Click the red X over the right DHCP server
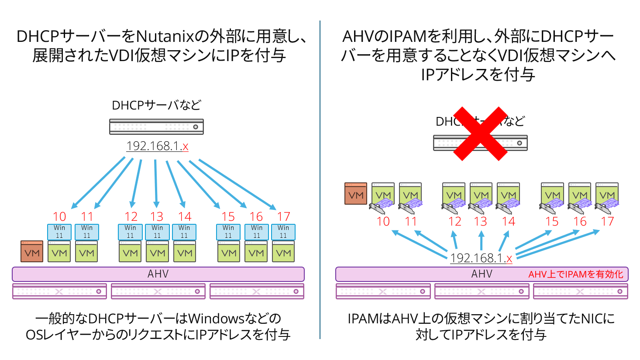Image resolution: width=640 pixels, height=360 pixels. pyautogui.click(x=480, y=134)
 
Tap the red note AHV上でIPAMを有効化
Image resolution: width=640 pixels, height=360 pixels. pyautogui.click(x=575, y=274)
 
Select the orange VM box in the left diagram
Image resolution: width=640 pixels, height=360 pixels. pyautogui.click(x=32, y=251)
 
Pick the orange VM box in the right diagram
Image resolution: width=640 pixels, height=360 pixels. pyautogui.click(x=355, y=194)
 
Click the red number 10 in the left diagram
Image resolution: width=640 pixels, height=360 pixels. pyautogui.click(x=59, y=216)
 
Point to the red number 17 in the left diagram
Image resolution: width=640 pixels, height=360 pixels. pyautogui.click(x=283, y=216)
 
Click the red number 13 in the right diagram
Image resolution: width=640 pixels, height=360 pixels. pyautogui.click(x=481, y=222)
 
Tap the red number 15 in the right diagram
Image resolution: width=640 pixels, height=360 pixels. pyautogui.click(x=552, y=222)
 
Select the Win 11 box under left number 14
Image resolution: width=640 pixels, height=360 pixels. pyautogui.click(x=184, y=232)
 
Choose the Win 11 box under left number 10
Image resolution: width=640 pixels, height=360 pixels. pyautogui.click(x=59, y=232)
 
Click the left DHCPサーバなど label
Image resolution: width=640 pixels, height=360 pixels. pyautogui.click(x=156, y=105)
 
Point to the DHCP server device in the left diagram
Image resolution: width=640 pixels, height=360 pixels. pyautogui.click(x=156, y=127)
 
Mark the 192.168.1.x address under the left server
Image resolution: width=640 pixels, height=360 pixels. pyautogui.click(x=157, y=146)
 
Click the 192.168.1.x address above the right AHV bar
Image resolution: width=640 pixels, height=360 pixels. pyautogui.click(x=481, y=258)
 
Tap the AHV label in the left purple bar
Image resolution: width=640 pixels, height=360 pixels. pyautogui.click(x=158, y=274)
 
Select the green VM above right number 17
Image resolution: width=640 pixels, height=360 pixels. pyautogui.click(x=607, y=194)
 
